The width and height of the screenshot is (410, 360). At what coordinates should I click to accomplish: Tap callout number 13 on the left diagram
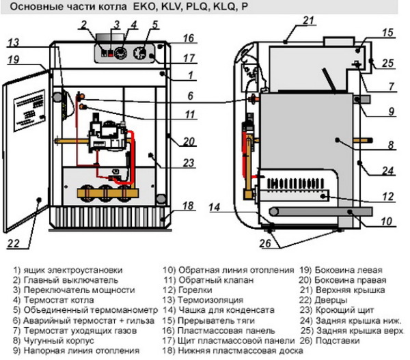14,43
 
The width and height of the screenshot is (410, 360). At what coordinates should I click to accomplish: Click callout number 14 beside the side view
215,207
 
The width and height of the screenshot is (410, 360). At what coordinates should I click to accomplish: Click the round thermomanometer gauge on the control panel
120,52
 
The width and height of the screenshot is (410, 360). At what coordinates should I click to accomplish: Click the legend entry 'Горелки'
195,290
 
